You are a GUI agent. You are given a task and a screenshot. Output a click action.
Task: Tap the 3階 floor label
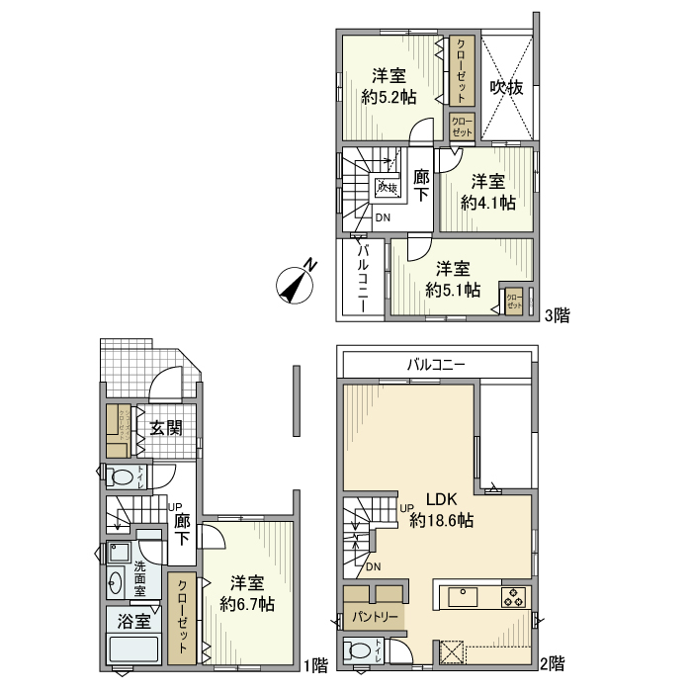[557, 315]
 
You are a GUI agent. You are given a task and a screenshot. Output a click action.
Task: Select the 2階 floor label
[553, 663]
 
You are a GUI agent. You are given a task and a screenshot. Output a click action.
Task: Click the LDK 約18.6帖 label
[440, 509]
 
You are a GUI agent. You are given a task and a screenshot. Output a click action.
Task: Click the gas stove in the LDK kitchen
[513, 597]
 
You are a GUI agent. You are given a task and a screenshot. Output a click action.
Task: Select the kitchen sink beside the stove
[463, 597]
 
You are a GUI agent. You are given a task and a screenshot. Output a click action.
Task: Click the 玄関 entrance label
[165, 428]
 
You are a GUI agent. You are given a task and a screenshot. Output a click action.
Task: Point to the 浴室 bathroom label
[133, 622]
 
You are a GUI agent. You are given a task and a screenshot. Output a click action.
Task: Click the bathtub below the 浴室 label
[132, 651]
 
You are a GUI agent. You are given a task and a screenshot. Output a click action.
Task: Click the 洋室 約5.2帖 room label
[388, 87]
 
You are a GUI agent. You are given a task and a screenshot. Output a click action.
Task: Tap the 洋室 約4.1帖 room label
[487, 192]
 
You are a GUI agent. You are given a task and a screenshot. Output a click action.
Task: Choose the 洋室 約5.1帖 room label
[453, 279]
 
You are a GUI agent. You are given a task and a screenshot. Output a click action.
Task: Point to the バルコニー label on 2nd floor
[436, 364]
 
